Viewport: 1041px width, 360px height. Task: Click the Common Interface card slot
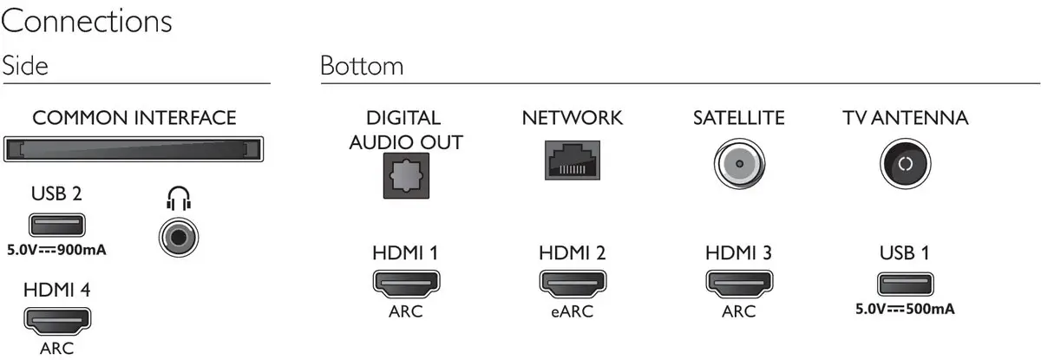(x=134, y=148)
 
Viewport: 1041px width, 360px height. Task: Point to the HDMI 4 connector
(x=56, y=321)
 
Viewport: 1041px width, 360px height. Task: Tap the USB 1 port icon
(x=905, y=284)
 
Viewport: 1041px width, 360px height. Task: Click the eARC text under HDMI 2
(x=572, y=311)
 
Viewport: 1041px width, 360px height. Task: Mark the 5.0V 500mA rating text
(x=905, y=308)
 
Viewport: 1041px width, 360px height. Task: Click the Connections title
(x=87, y=21)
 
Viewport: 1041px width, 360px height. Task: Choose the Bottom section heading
(x=361, y=66)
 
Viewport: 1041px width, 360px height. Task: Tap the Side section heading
(x=25, y=66)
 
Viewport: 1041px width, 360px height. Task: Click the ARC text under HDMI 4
(x=56, y=349)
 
